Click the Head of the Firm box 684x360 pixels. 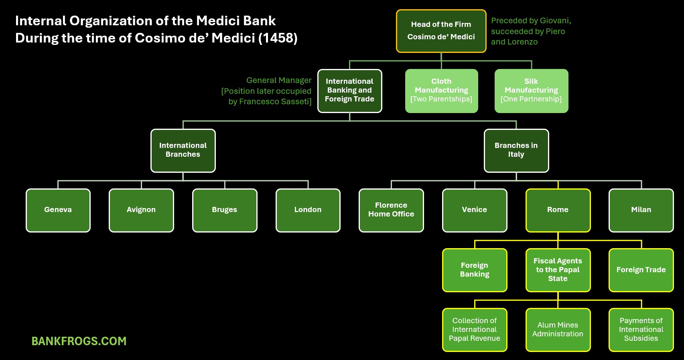pos(441,31)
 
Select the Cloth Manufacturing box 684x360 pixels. pos(441,91)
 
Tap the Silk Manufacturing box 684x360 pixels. pos(531,91)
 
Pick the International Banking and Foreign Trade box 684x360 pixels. pos(349,91)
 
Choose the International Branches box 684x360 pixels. pos(183,150)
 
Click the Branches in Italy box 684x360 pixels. pos(516,150)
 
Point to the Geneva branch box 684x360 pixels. pos(58,210)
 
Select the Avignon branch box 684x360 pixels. pos(141,210)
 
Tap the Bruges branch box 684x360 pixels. pos(225,210)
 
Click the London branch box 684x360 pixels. pos(308,210)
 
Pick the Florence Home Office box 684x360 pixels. pos(391,210)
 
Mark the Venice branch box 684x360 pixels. pos(475,210)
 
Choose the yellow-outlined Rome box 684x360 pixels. pos(558,210)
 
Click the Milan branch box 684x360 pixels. pos(641,210)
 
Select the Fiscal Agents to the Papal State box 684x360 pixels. pos(558,270)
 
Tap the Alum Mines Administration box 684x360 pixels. pos(558,330)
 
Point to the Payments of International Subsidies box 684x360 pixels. pos(641,330)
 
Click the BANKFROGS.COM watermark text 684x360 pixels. pos(79,341)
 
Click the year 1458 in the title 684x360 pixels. pos(278,38)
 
